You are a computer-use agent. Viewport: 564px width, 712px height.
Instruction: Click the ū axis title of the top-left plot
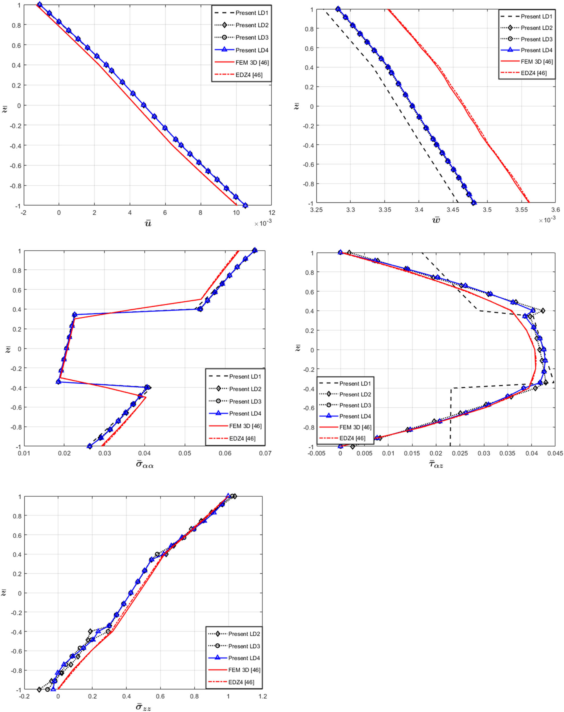point(147,223)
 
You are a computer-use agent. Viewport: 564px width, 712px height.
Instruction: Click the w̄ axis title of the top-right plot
point(436,220)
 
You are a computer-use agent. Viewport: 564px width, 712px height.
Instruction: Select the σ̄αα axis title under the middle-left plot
point(145,465)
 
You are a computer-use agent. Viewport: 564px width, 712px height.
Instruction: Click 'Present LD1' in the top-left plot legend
point(252,13)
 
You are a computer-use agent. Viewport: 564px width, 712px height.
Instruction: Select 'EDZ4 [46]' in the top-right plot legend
point(534,73)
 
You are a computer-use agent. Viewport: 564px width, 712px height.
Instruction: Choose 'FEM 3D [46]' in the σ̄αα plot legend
point(245,426)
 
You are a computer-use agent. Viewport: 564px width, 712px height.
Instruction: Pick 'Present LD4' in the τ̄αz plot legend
point(355,416)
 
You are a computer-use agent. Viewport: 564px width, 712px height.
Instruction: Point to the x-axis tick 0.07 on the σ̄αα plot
point(265,453)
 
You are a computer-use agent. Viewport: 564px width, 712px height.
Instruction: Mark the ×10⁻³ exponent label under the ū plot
point(262,224)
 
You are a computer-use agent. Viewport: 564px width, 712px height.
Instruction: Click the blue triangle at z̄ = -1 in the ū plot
point(245,205)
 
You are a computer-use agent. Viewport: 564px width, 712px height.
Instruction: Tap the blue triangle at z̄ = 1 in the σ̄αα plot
point(255,250)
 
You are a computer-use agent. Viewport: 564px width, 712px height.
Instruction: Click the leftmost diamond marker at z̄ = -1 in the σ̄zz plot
point(39,690)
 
